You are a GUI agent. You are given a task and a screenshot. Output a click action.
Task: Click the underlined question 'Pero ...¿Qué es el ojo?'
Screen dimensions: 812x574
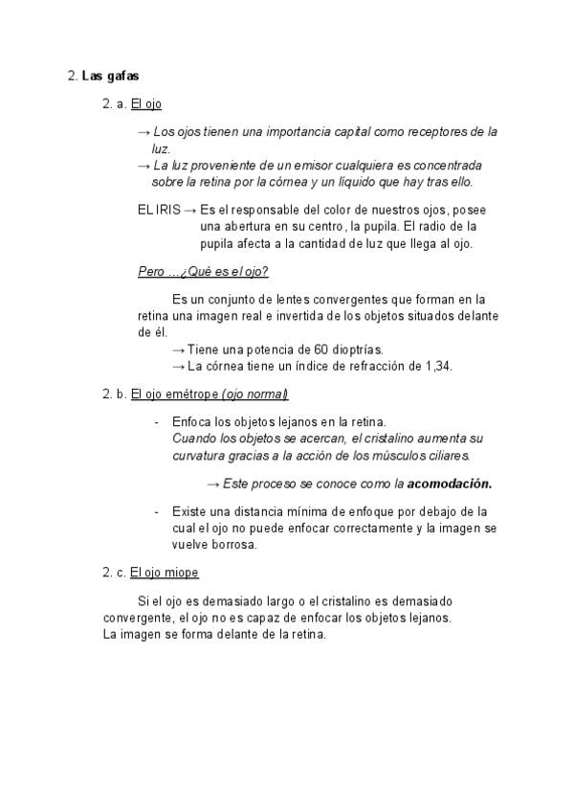[x=203, y=271]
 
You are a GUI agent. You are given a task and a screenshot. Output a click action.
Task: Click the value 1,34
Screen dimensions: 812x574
[x=438, y=366]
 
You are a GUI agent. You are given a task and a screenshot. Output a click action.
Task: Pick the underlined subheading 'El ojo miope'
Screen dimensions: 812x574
[x=165, y=573]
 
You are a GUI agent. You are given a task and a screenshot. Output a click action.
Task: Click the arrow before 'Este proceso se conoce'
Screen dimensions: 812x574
[x=213, y=484]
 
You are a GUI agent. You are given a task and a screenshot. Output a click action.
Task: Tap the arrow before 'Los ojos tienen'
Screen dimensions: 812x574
[x=144, y=132]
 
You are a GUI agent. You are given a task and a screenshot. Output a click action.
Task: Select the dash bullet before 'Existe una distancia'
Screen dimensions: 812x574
[x=157, y=511]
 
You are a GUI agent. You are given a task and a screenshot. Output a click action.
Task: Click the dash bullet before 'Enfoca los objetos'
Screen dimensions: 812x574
[x=157, y=422]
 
